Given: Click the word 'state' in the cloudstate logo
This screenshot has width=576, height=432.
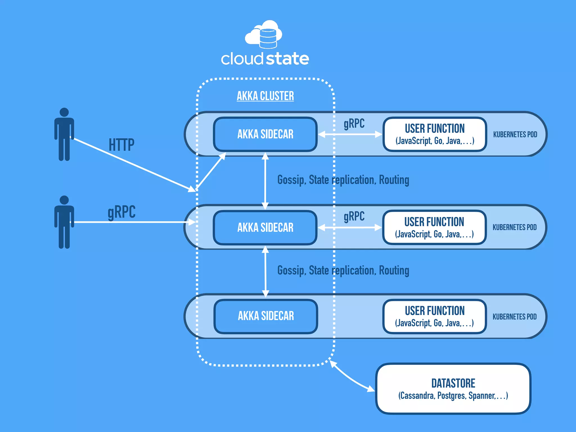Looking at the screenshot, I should pos(287,59).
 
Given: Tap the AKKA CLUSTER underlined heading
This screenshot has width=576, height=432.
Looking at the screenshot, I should pos(265,96).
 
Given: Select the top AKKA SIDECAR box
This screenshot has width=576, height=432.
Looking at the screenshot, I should pos(265,134).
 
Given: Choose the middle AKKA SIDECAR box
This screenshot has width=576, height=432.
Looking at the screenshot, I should pos(265,228).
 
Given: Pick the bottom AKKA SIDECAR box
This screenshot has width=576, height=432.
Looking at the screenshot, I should pos(266,316).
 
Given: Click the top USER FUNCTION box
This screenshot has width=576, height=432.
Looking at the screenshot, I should pos(435,134).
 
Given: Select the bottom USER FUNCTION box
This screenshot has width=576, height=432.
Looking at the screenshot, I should pos(435,316).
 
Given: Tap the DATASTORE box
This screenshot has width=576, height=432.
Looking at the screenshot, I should pos(453,389).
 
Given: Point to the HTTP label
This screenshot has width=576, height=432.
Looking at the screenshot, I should pos(121,145).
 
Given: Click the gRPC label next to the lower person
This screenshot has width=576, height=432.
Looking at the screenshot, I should pos(121,212).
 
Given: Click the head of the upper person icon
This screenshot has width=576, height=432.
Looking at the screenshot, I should pos(64,112).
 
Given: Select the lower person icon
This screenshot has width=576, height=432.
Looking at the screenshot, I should pos(64,222).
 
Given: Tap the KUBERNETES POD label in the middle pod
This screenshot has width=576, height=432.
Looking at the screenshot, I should pos(514,227).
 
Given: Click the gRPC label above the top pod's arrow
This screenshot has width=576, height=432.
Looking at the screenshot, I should pos(354,124).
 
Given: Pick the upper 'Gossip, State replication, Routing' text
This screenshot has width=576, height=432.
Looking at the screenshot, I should pos(343,180).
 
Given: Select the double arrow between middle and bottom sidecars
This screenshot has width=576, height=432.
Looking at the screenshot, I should pos(265,271).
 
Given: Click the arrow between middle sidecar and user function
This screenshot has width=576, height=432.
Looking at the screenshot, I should pos(350,228).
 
